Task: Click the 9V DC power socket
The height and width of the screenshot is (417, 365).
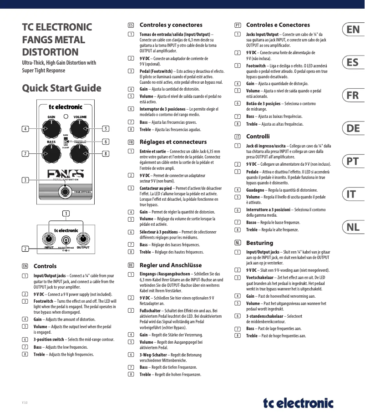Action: [66, 241]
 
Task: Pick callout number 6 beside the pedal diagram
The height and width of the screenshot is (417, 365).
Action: [106, 142]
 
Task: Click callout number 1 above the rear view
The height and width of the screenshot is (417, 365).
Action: [66, 213]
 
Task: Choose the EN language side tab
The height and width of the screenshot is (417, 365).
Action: [353, 30]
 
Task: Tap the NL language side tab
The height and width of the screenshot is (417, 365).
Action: [353, 227]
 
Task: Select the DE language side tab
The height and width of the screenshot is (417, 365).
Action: [353, 128]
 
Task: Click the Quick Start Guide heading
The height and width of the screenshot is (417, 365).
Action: [62, 88]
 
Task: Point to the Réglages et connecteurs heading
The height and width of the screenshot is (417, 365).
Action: [173, 142]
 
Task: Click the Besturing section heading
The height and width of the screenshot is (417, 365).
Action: [259, 243]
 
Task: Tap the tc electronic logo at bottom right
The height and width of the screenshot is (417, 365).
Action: [298, 402]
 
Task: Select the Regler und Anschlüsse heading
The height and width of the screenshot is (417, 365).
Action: [170, 265]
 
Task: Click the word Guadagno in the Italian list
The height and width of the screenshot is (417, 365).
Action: [256, 190]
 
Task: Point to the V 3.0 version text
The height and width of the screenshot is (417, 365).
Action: [25, 403]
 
